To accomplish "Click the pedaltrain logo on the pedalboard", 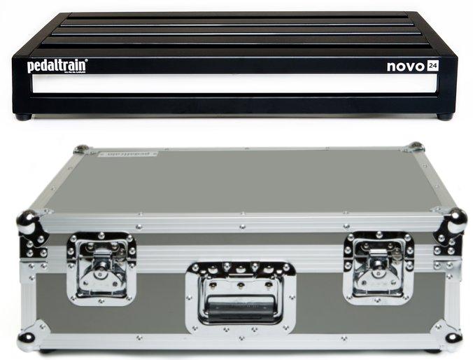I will pos(57,66).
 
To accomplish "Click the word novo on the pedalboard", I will pos(405,67).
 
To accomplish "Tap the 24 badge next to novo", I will pos(434,67).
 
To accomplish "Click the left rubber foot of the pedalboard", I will pos(23,117).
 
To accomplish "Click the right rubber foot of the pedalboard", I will pos(444,117).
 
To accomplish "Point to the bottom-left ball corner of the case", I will pos(26,340).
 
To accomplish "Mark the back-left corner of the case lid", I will pos(82,149).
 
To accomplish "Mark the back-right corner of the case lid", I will pos(415,147).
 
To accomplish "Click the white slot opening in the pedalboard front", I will pos(234,84).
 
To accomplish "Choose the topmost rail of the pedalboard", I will pos(238,15).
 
